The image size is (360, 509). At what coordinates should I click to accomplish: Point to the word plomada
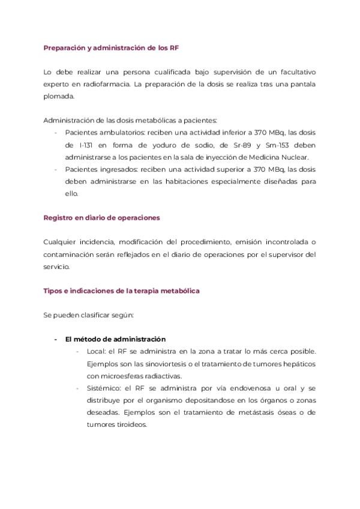pos(58,96)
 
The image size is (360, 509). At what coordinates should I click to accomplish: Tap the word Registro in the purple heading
pos(59,218)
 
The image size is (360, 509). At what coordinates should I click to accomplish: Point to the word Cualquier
pos(61,242)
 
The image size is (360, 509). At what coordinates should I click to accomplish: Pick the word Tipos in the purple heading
pos(53,291)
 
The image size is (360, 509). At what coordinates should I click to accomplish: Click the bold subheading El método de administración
pos(115,339)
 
